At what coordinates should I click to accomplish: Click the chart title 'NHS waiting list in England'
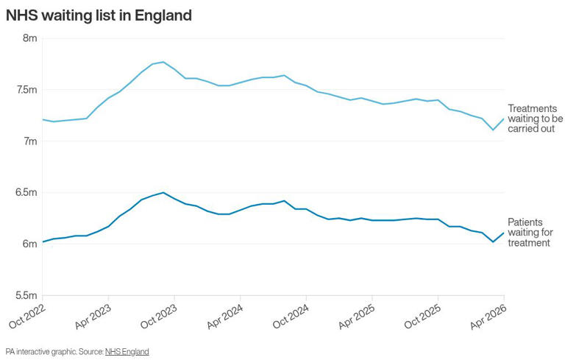[x=99, y=15]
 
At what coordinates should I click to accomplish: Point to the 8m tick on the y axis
[x=30, y=38]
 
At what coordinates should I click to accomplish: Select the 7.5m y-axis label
[x=26, y=90]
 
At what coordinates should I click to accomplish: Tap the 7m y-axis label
[x=30, y=141]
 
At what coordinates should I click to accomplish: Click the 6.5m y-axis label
[x=26, y=192]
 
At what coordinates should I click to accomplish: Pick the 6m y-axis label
[x=30, y=244]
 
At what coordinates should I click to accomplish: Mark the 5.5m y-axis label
[x=26, y=295]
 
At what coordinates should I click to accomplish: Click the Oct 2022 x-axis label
[x=27, y=316]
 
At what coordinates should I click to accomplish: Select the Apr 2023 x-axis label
[x=93, y=316]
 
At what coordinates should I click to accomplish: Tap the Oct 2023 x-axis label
[x=159, y=316]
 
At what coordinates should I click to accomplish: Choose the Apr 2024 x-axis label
[x=225, y=316]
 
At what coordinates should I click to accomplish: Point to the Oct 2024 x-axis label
[x=291, y=316]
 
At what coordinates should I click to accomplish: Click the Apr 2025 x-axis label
[x=357, y=316]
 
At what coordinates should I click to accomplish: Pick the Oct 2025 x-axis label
[x=422, y=316]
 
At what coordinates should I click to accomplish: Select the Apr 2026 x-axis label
[x=488, y=316]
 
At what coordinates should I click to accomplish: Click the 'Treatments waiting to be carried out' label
[x=535, y=119]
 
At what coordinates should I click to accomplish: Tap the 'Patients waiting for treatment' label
[x=530, y=233]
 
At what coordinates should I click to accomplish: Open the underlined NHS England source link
[x=127, y=352]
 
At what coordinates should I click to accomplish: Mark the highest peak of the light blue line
[x=163, y=62]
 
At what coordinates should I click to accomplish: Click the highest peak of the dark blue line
[x=163, y=192]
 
